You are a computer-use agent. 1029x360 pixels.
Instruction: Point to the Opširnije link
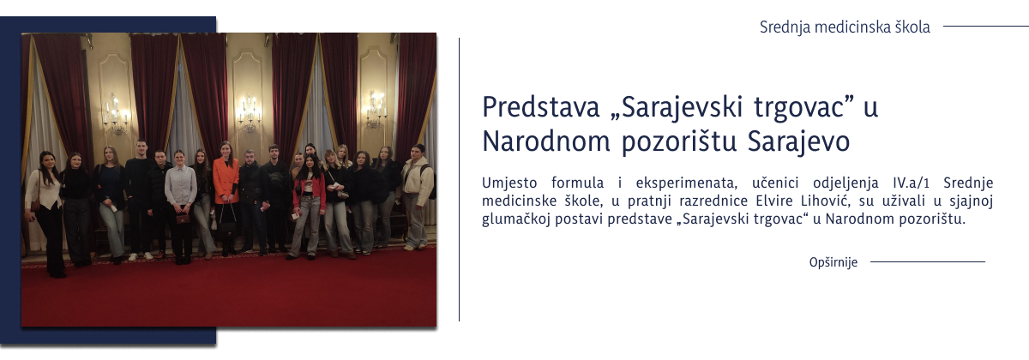(x=833, y=262)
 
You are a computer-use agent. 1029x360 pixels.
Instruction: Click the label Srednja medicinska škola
(x=845, y=27)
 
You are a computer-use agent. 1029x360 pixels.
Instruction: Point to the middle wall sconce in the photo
(x=249, y=111)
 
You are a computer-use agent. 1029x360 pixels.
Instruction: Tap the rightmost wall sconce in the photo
(x=376, y=109)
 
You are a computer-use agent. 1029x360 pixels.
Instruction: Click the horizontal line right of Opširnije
(x=927, y=262)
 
